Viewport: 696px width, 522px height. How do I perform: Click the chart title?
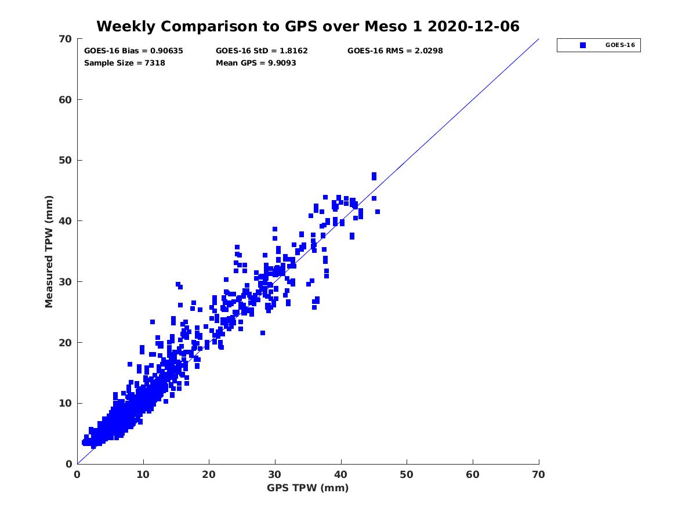click(x=307, y=26)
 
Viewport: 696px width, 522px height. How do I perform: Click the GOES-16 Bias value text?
click(x=133, y=50)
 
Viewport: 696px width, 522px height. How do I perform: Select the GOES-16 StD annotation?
click(x=262, y=50)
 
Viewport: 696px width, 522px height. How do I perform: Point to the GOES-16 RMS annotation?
click(x=395, y=50)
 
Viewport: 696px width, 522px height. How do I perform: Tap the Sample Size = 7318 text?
click(x=125, y=63)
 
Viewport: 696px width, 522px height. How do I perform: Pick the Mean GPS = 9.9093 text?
click(x=256, y=63)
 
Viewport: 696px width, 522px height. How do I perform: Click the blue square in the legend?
click(x=583, y=45)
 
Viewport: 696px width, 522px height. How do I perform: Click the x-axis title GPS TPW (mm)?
click(x=308, y=488)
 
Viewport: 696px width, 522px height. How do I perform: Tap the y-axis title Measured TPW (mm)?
click(x=49, y=251)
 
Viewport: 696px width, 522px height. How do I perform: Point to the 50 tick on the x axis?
click(x=407, y=474)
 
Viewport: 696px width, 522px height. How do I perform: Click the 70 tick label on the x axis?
click(x=539, y=474)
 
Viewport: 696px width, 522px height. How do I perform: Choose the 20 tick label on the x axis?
click(x=209, y=474)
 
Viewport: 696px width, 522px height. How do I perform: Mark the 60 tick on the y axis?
click(x=66, y=100)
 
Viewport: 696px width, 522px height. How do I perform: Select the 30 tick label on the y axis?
click(x=66, y=282)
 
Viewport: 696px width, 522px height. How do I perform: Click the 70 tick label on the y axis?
click(x=66, y=39)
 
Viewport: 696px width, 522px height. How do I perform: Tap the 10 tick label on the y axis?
click(x=66, y=403)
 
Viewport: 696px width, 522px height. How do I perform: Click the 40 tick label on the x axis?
click(x=341, y=474)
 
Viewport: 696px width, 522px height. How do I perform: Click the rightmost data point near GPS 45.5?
click(x=378, y=212)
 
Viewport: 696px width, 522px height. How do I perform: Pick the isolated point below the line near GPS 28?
click(x=263, y=333)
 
